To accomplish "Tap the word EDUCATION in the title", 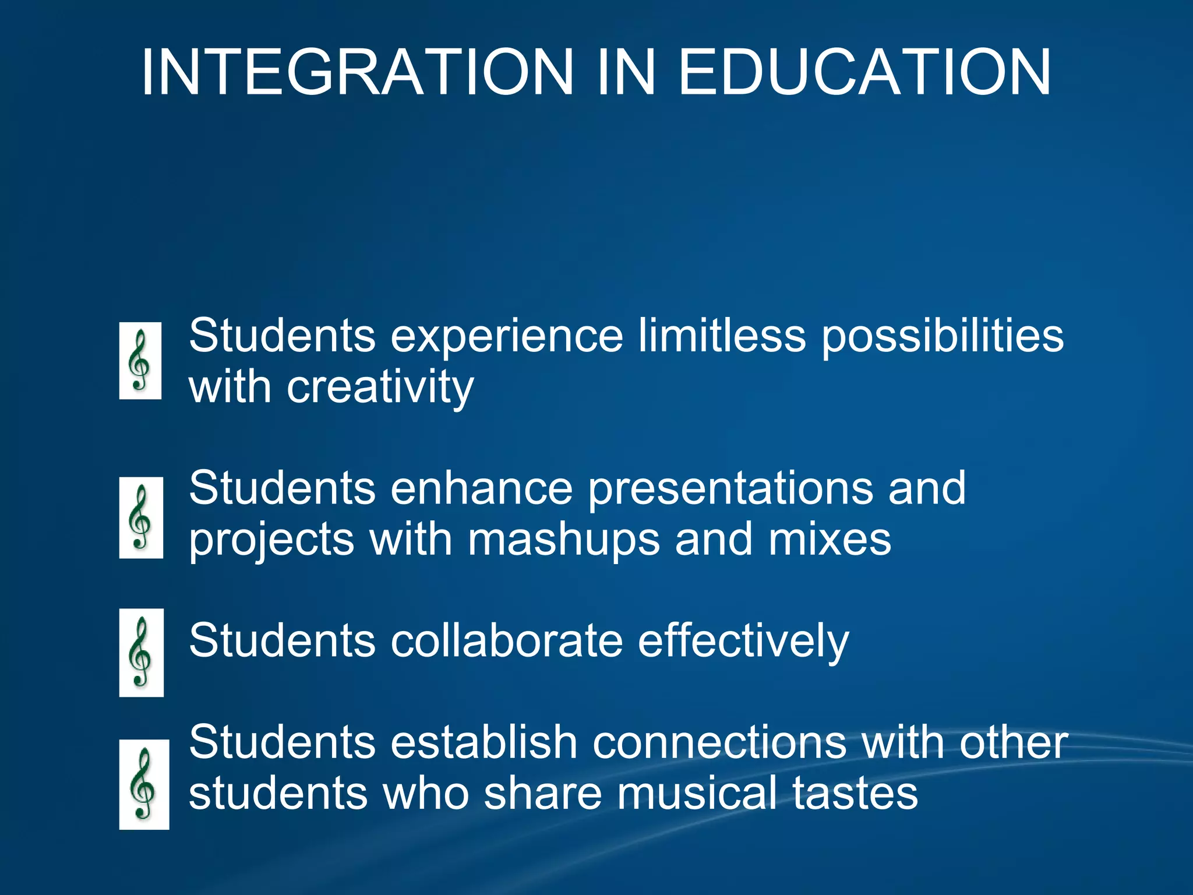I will (864, 72).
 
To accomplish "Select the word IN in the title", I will (626, 72).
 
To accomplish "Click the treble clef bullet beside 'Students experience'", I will (140, 361).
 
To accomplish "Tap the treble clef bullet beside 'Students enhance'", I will (141, 517).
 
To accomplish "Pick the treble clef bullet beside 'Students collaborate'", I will (141, 652).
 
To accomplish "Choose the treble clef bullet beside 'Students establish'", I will (144, 784).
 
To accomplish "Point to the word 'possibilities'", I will (943, 337).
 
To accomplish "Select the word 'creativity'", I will (380, 387).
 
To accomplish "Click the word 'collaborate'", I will (507, 640).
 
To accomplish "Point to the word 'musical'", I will (697, 794).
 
